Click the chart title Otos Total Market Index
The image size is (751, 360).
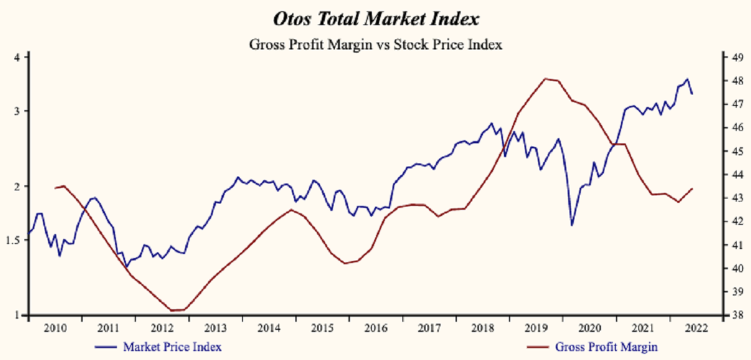(x=375, y=19)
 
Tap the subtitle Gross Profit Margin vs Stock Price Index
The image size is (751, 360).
(x=375, y=45)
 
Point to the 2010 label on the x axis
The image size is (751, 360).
(x=55, y=327)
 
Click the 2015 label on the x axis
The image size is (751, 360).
(x=322, y=327)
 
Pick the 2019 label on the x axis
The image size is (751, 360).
(x=535, y=327)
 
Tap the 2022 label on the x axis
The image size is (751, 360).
(x=695, y=327)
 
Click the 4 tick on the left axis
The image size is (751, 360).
(x=18, y=58)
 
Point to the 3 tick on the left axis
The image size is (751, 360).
(x=18, y=111)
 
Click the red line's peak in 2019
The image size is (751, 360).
(x=545, y=78)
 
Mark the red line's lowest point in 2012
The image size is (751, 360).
(x=173, y=310)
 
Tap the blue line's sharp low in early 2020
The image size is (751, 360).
(x=571, y=225)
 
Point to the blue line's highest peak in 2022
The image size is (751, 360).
(x=687, y=79)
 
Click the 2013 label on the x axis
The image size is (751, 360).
(x=215, y=327)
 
